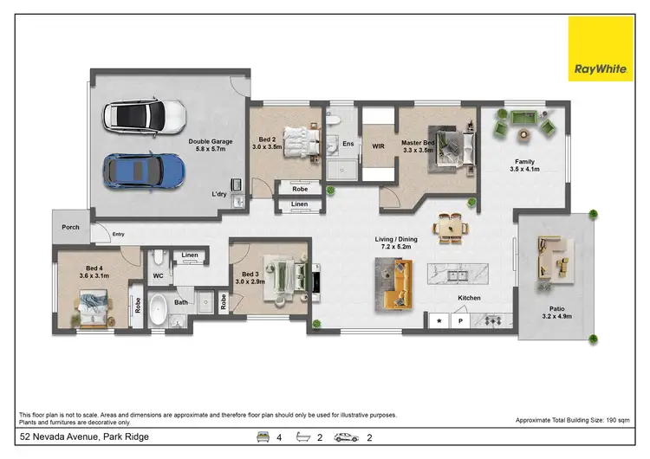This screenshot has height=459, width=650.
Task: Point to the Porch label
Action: pos(70,228)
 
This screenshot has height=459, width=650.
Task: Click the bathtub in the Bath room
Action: pos(159,309)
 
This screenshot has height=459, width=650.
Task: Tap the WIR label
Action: pos(378,146)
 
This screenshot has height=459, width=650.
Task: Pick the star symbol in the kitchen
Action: pos(439,320)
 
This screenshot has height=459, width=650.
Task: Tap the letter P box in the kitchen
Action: pos(460,320)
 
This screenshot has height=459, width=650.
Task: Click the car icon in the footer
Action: pos(347,437)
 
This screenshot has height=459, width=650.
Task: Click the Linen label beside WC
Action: pos(190,255)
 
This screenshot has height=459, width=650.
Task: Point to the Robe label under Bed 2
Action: pos(300,188)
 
